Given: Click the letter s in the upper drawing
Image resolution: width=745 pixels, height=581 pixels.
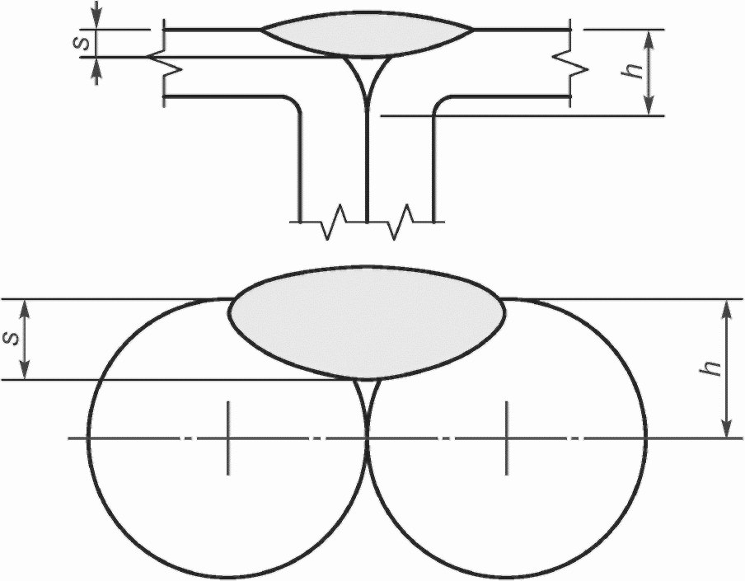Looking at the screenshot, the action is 82,44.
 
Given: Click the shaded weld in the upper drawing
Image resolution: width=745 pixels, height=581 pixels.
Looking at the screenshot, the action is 368,35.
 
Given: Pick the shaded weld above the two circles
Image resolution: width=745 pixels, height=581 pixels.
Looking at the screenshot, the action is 366,323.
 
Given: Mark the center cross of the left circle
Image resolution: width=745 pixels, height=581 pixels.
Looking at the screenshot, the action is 228,438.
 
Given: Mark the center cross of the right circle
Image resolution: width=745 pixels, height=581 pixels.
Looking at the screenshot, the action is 507,438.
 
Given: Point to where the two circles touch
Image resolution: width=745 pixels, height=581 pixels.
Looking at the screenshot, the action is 367,438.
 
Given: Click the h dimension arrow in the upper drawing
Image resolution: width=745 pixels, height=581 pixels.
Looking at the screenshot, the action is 650,73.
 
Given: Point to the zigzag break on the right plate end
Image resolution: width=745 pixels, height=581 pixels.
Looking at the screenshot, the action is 570,64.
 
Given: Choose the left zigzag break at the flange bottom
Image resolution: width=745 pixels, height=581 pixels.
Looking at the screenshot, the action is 334,222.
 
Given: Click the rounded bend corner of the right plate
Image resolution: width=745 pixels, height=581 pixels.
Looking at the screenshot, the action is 438,102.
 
